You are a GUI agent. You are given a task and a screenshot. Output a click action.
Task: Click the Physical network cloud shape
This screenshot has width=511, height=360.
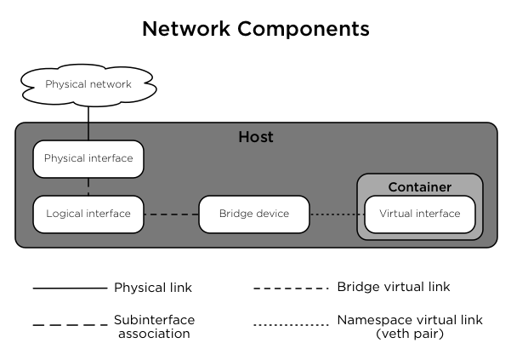pos(88,85)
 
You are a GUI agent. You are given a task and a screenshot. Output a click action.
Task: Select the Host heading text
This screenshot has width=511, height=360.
pos(255,137)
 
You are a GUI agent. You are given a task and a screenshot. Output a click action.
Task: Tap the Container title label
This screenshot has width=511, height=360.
pos(419,187)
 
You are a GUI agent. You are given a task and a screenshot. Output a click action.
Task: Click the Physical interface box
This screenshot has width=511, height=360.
pos(88,159)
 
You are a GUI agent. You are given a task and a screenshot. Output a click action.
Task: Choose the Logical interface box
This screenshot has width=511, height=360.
pos(88,214)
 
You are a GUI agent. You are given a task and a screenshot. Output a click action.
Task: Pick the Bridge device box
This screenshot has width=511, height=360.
pos(253,214)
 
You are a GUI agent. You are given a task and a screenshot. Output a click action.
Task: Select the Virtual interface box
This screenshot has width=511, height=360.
pos(419,214)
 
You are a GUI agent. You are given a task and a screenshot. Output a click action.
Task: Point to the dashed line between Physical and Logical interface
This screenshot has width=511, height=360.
pos(88,186)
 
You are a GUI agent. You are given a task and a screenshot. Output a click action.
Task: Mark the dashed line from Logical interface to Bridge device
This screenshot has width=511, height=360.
pos(171,214)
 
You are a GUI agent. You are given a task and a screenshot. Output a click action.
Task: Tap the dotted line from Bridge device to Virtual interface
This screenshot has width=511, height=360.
pos(337,214)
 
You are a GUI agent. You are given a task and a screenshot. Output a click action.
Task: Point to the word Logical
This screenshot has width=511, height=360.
pos(65,214)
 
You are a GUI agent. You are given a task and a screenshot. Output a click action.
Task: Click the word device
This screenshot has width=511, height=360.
pos(272,214)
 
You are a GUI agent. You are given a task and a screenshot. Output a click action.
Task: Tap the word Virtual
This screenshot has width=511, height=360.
pos(395,214)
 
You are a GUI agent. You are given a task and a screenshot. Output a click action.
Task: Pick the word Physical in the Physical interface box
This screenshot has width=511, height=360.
pos(65,158)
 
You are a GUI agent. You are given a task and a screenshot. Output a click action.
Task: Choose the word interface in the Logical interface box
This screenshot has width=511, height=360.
pos(108,214)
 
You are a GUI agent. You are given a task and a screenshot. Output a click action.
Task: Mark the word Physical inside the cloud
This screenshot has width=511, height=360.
pos(65,85)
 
